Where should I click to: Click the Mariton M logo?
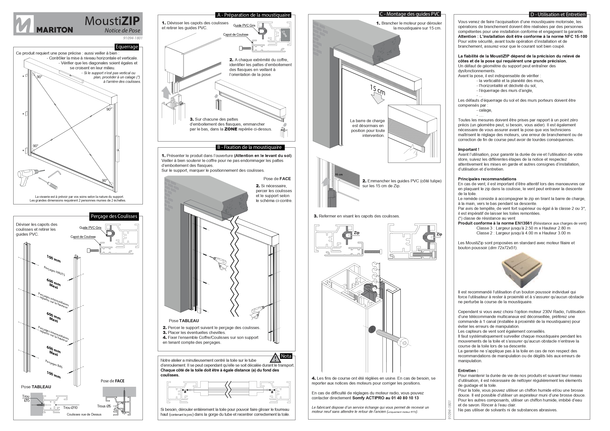coord(25,24)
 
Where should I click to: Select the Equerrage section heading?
coord(127,47)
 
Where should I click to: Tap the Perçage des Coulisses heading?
coord(114,216)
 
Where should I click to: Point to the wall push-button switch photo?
coord(521,273)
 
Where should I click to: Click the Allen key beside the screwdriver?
coord(55,174)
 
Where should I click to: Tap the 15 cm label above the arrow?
coord(377,90)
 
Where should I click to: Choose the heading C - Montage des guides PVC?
coord(410,14)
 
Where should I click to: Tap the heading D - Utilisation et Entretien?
coord(558,14)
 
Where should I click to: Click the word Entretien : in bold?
coord(468,371)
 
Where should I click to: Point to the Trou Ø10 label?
coord(70,408)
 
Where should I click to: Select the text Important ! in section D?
coord(468,149)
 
